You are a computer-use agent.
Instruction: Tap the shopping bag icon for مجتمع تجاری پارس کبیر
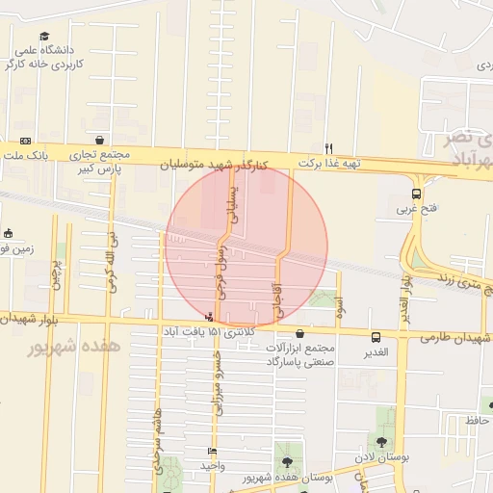point(100,141)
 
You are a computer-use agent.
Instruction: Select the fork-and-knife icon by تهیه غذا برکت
point(328,148)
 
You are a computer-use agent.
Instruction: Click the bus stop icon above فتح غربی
point(416,193)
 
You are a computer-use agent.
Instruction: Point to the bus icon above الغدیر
point(376,336)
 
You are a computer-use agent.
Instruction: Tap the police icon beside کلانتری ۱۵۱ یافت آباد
point(210,317)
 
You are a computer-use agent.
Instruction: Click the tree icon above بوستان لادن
point(382,442)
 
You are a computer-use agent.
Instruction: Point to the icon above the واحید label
point(212,451)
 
